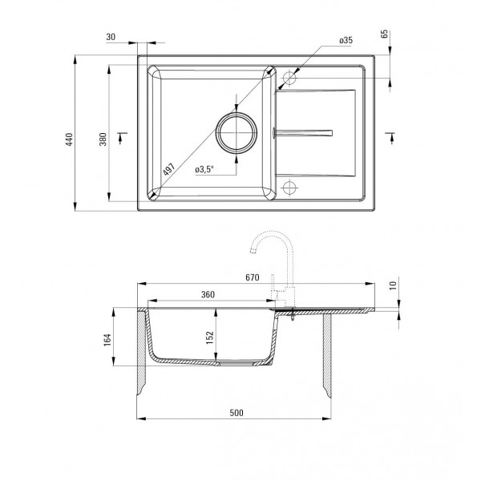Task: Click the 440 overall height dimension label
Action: [x=70, y=139]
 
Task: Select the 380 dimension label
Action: [x=103, y=139]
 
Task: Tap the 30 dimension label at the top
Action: [x=111, y=37]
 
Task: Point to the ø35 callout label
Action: [x=346, y=40]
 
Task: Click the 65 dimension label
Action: [x=384, y=34]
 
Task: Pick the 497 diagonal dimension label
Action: [x=168, y=169]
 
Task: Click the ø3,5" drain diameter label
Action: [x=204, y=169]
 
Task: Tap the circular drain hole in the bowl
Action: [x=236, y=133]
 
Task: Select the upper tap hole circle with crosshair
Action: [x=289, y=78]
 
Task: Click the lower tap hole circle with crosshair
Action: [x=289, y=187]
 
